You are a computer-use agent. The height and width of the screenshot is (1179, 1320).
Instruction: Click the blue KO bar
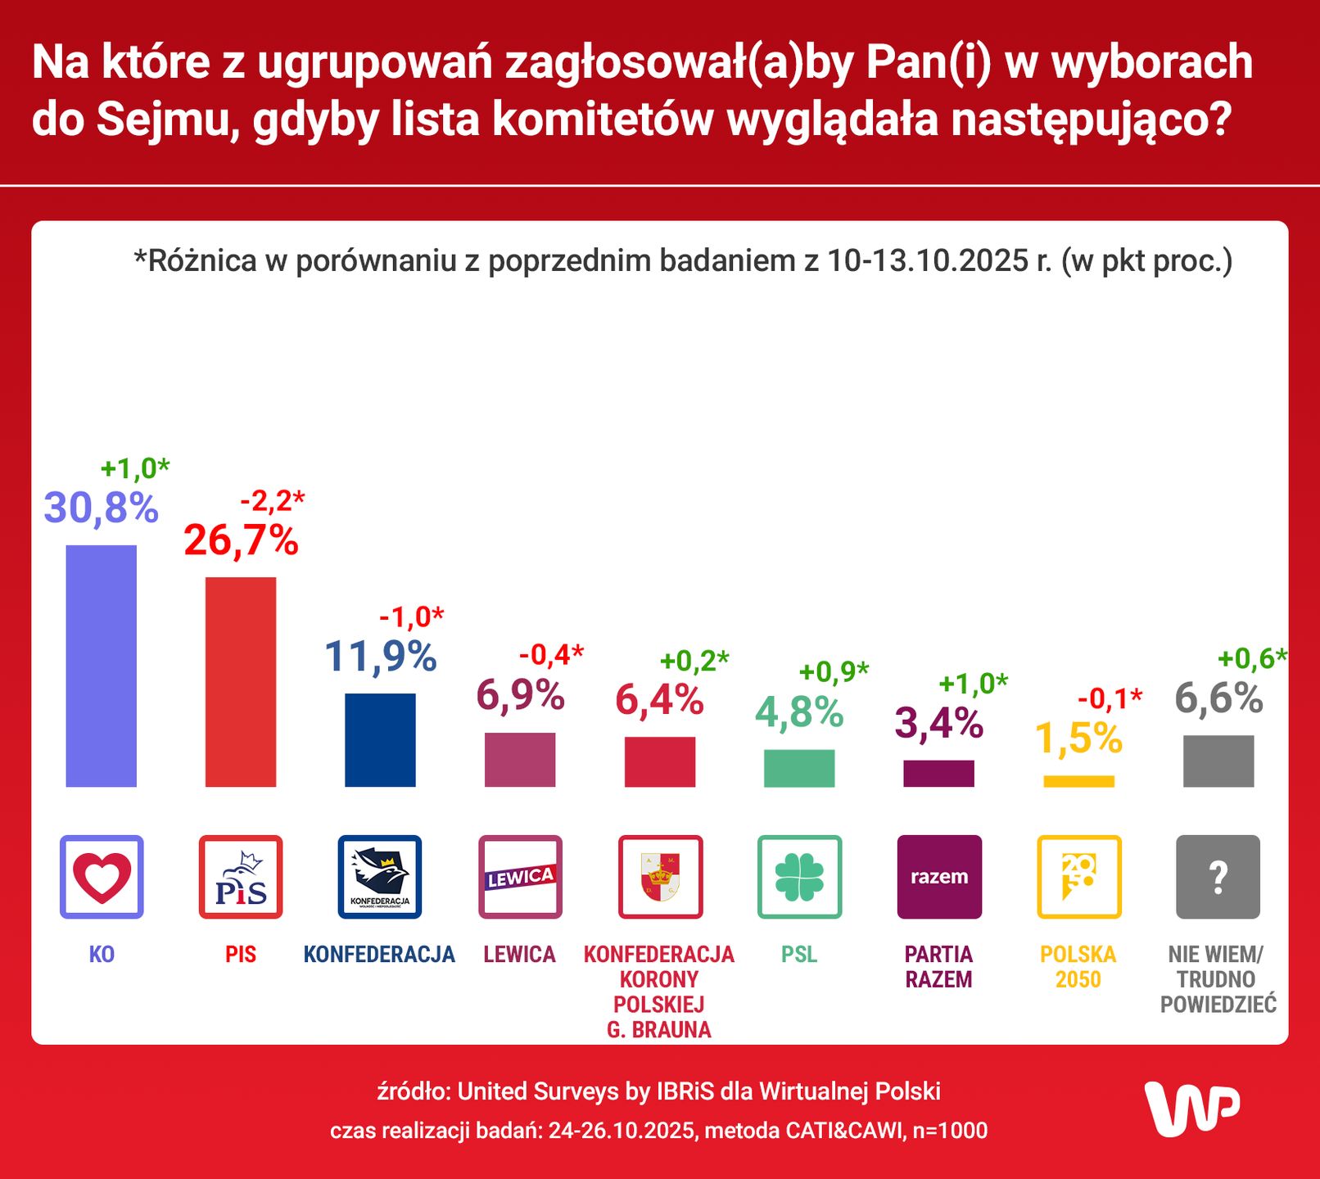coord(101,666)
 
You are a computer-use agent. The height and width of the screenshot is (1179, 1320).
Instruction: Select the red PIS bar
coord(240,682)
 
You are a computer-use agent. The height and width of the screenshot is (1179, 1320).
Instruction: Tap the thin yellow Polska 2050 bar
coord(1078,781)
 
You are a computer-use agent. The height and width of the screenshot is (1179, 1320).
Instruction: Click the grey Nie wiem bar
coord(1218,761)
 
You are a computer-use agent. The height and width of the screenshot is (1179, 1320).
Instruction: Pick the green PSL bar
coord(799,768)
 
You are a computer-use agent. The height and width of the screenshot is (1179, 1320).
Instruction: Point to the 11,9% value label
coord(381,657)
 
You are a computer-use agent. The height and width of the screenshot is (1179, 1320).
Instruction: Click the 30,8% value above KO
coord(101,508)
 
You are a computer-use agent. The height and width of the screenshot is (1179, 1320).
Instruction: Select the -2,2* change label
coord(272,499)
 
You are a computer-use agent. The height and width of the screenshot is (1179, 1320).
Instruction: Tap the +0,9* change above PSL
coord(833,672)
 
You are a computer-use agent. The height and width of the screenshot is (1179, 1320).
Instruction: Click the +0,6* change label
coord(1251,658)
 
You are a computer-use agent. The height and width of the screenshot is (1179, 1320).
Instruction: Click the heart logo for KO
coord(102,877)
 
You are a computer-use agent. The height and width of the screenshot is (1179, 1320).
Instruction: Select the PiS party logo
coord(241,877)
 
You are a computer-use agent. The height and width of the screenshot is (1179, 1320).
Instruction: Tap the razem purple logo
coord(939,877)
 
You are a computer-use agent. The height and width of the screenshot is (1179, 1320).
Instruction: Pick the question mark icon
coord(1218,877)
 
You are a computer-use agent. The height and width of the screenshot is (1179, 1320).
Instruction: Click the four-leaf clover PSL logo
coord(799,877)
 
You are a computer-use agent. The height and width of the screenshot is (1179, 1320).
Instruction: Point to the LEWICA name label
coord(519,955)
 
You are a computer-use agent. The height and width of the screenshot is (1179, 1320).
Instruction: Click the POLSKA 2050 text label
coord(1078,967)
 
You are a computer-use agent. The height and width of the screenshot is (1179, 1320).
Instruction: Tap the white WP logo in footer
coord(1191,1109)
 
